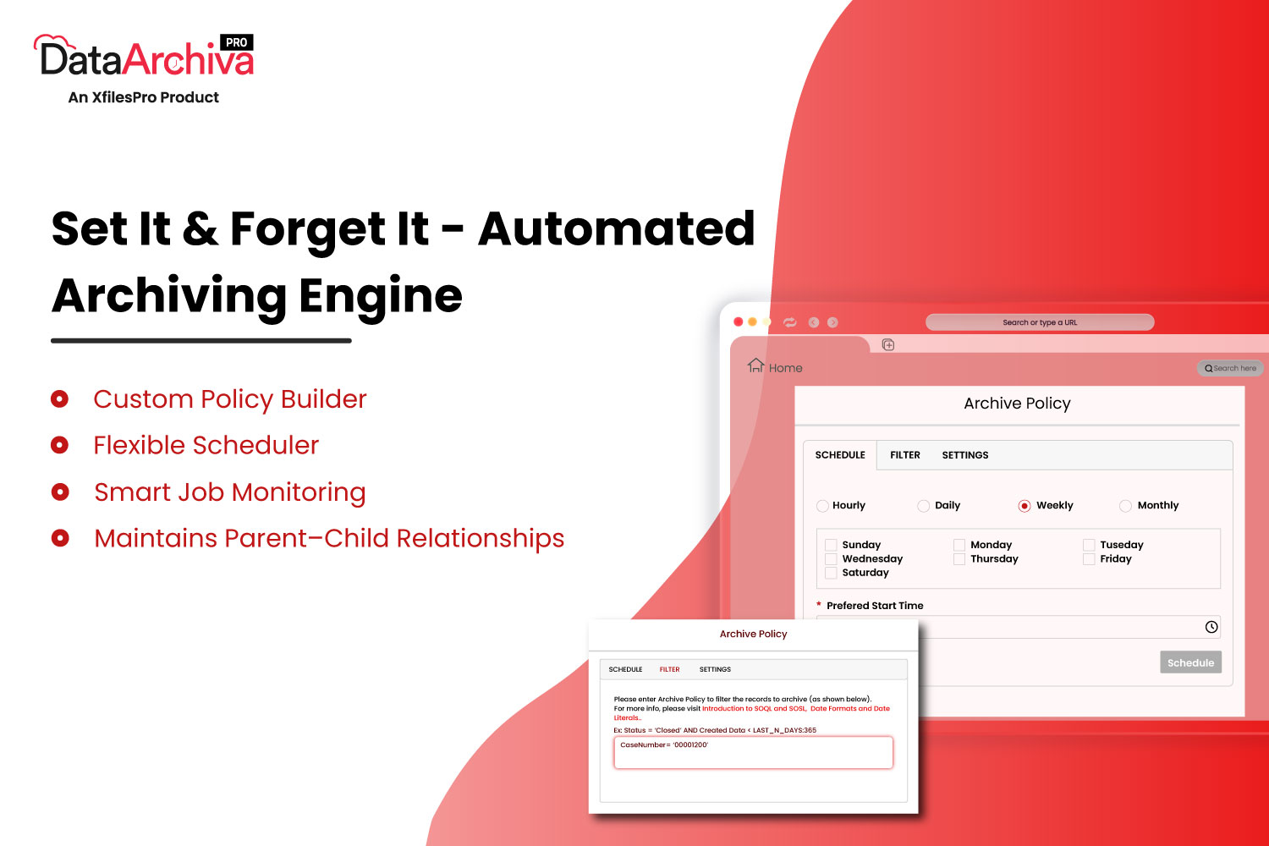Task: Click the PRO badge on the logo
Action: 236,42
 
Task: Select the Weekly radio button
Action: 1025,505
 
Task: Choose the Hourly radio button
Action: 822,505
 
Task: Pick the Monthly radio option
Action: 1126,505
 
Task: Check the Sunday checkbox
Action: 831,545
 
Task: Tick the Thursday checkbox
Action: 959,558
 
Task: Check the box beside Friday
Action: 1089,558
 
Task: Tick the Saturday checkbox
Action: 831,572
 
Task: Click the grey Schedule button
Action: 1191,662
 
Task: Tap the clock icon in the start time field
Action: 1211,627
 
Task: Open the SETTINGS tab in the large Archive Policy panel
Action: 965,455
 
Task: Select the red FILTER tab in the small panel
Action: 670,669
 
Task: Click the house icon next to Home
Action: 755,365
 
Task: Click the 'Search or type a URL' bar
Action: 1040,322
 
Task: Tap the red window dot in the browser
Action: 739,321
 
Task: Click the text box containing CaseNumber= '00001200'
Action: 754,752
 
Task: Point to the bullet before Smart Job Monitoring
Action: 60,492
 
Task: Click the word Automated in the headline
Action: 617,228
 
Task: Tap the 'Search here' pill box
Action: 1230,368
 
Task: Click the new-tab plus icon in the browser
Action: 888,344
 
